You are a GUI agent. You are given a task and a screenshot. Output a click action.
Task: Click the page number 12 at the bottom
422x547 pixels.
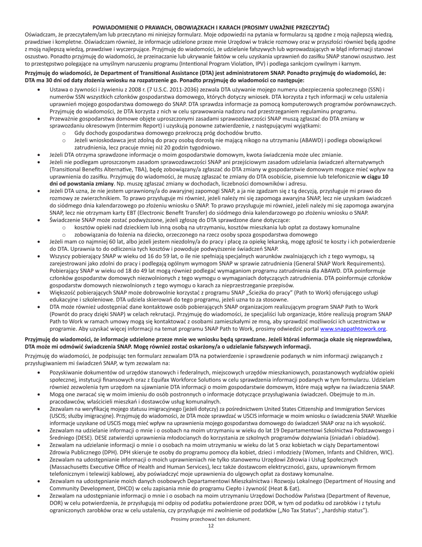coord(211,526)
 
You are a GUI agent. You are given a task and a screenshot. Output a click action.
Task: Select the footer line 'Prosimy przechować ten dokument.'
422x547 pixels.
coord(211,519)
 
